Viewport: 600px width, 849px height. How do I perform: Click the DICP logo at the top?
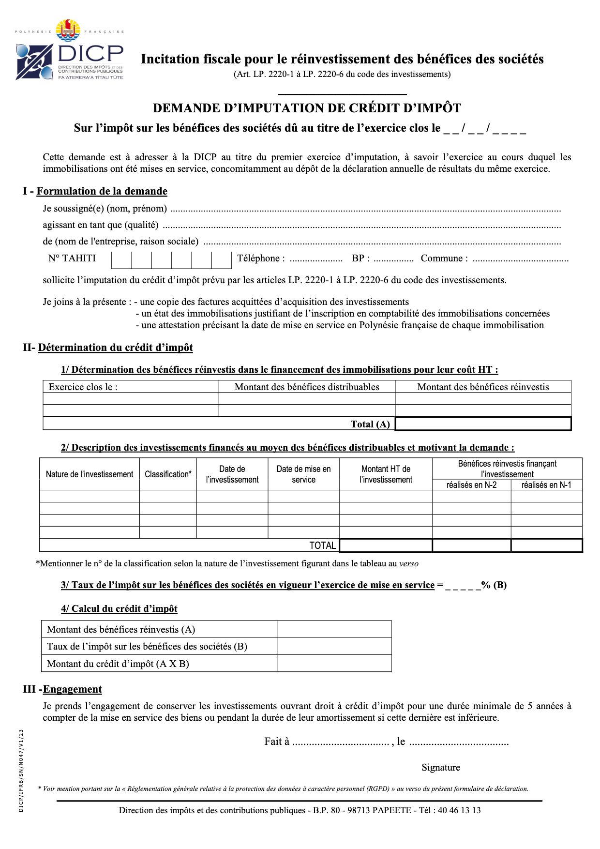click(x=70, y=51)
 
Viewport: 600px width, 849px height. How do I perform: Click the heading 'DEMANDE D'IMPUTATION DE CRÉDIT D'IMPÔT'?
click(x=307, y=108)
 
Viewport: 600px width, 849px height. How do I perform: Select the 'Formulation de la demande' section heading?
click(x=102, y=191)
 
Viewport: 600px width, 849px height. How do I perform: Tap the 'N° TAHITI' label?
click(x=72, y=258)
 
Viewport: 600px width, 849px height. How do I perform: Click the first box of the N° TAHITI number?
click(x=121, y=260)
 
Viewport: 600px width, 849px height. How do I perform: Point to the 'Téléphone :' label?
click(x=261, y=258)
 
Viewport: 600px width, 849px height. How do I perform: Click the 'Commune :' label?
click(x=444, y=258)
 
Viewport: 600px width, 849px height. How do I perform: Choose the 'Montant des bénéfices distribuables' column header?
click(x=307, y=387)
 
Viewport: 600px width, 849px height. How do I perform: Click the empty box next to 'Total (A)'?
click(x=483, y=424)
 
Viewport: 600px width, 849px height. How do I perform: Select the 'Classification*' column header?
click(x=168, y=474)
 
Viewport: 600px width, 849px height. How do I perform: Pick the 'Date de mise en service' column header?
click(x=303, y=474)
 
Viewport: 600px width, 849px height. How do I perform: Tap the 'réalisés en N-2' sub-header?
click(x=471, y=485)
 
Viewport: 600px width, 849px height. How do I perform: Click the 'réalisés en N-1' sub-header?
click(x=546, y=485)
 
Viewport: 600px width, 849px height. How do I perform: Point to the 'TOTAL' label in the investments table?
click(x=322, y=546)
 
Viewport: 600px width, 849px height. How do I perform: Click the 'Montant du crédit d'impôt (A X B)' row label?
click(x=118, y=664)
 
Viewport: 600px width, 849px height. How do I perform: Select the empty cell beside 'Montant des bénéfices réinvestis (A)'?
click(x=334, y=629)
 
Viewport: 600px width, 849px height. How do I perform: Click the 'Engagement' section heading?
click(x=73, y=689)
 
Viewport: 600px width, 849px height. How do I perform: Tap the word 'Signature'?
click(x=441, y=767)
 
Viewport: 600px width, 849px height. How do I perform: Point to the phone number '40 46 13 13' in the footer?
click(x=459, y=810)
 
